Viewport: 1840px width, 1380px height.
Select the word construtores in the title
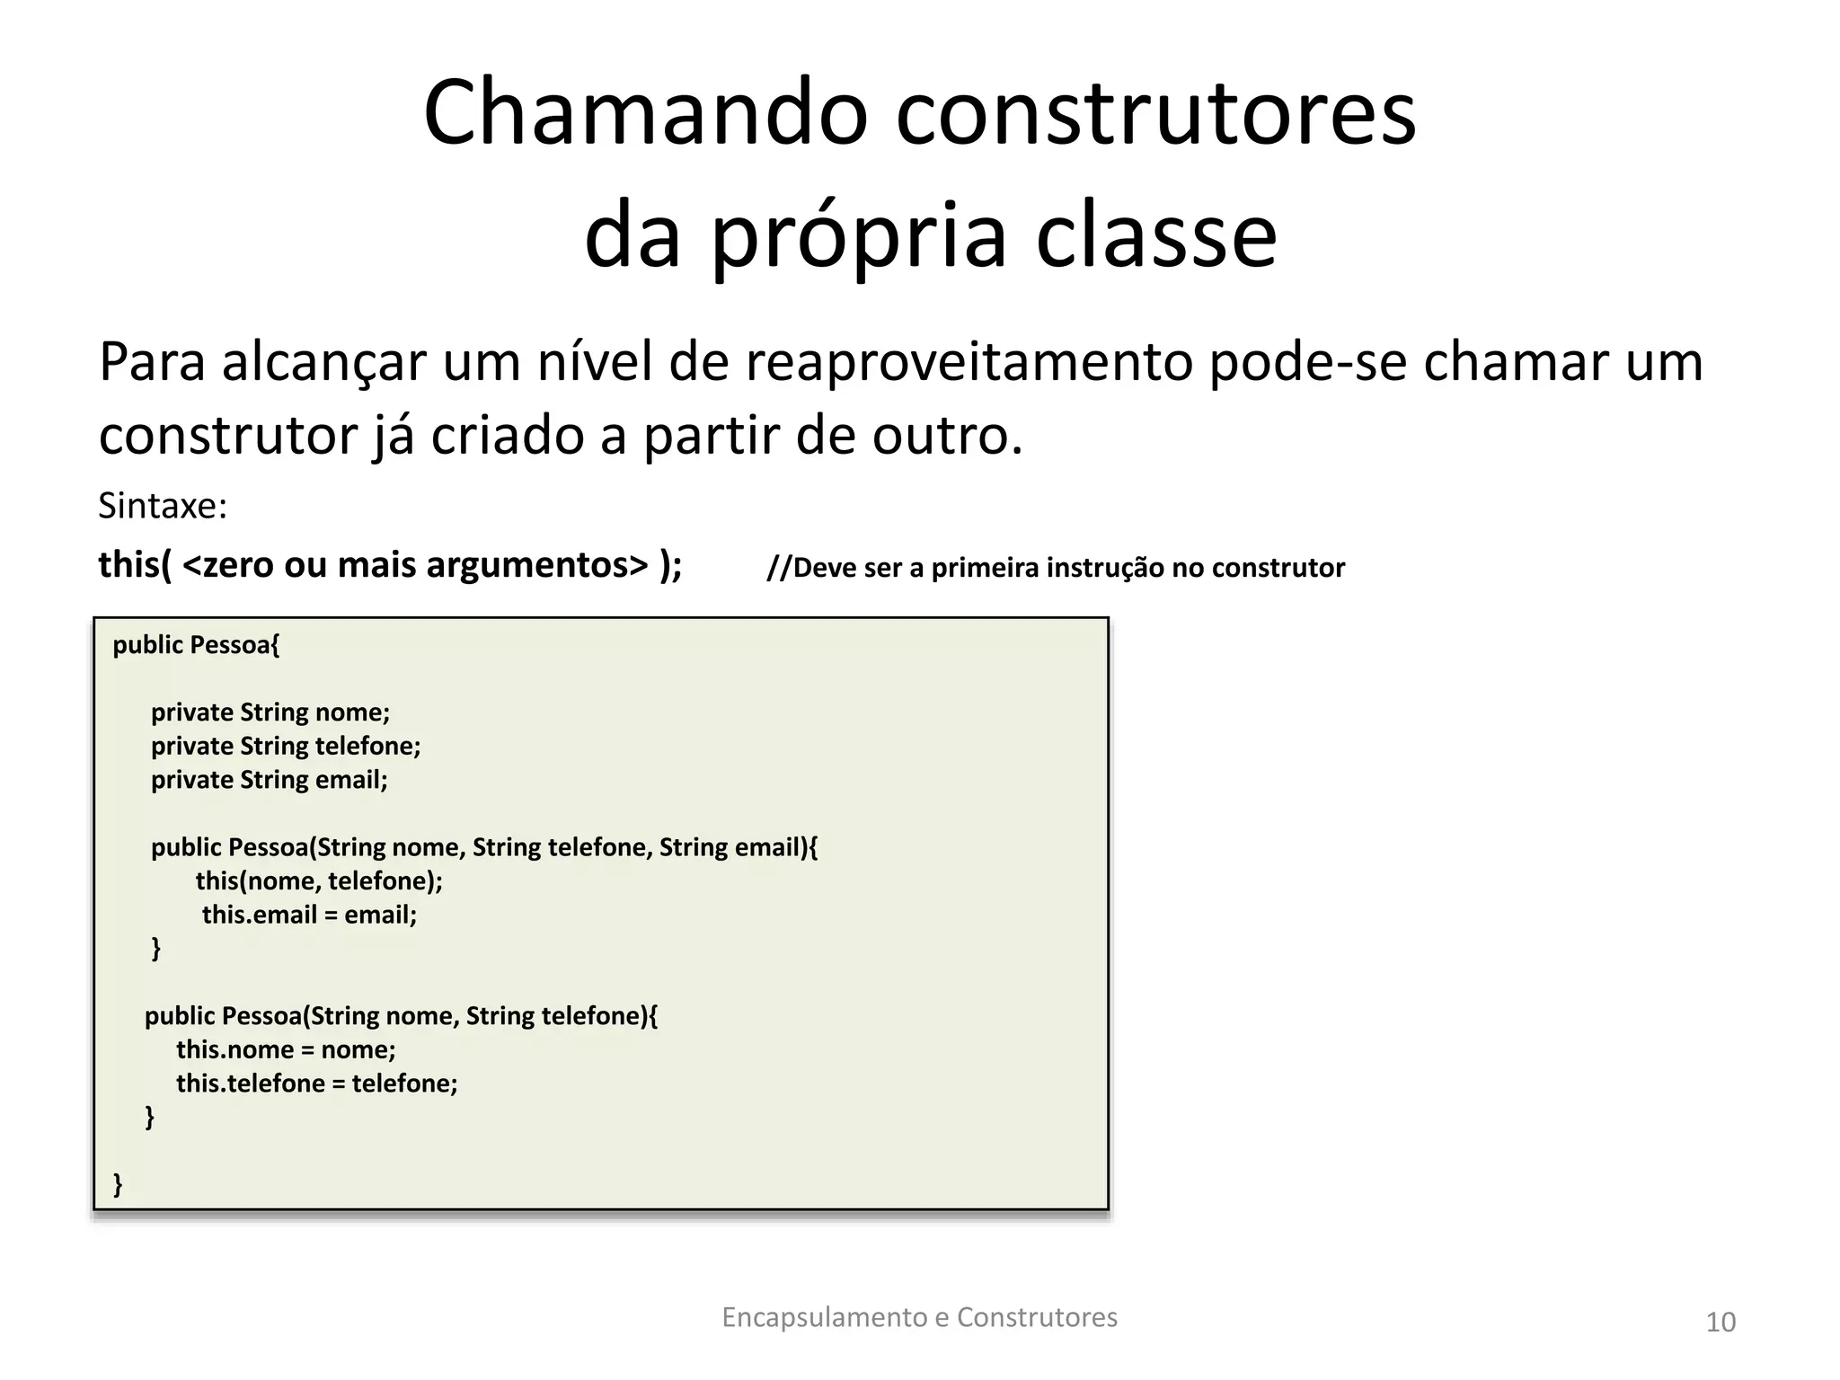[1155, 114]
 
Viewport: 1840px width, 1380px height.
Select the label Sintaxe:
[163, 506]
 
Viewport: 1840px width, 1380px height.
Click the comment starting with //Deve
[1055, 568]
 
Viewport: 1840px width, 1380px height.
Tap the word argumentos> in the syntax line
[537, 565]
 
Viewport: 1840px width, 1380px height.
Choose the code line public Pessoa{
[196, 645]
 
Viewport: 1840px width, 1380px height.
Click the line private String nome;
[270, 712]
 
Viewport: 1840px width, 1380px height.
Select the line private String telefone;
[286, 746]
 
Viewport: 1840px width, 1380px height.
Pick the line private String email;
[270, 780]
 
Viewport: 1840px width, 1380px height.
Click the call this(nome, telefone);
[319, 880]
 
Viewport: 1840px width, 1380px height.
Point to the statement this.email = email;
[309, 915]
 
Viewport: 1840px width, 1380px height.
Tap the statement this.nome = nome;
[286, 1049]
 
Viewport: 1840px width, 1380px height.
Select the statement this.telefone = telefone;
[316, 1084]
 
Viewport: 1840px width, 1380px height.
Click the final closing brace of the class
[118, 1184]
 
